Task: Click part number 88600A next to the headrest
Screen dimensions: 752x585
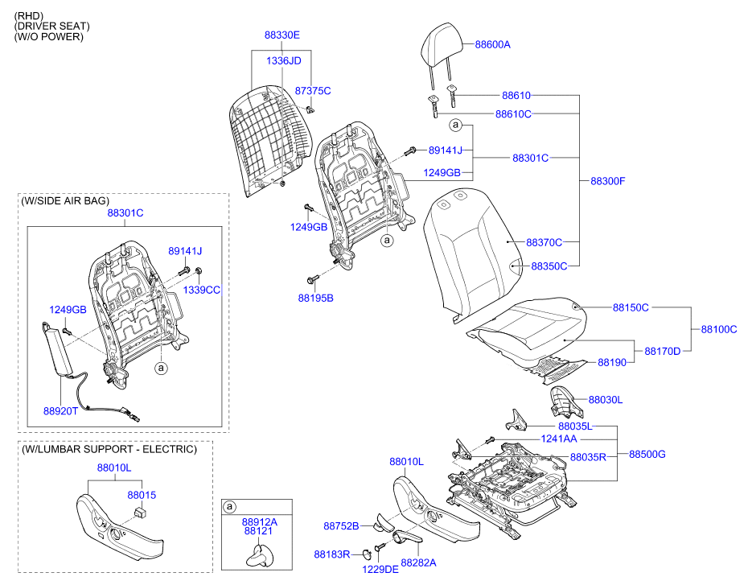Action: coord(492,44)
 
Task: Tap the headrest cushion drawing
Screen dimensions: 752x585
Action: coord(442,46)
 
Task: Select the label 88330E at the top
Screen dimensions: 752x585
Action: coord(282,35)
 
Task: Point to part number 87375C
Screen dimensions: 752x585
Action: coord(313,91)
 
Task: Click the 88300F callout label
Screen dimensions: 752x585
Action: coord(608,181)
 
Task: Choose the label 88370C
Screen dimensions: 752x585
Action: coord(544,242)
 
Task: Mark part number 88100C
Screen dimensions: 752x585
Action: coord(719,329)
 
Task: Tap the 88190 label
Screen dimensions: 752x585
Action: coord(612,362)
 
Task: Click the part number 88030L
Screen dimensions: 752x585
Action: coord(606,400)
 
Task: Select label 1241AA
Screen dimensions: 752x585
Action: coord(559,439)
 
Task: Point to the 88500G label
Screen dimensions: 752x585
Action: coord(647,454)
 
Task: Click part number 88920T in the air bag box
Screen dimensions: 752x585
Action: coord(60,411)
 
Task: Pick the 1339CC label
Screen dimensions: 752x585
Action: coord(201,290)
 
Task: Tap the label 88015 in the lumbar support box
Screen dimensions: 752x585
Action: coord(142,495)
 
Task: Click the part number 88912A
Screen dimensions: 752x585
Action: coord(260,521)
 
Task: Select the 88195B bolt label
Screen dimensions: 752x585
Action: coord(315,298)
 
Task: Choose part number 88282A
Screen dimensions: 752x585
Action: coord(418,562)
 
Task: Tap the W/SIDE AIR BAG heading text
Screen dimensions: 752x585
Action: coord(65,201)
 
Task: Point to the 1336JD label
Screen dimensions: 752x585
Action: coord(283,61)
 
